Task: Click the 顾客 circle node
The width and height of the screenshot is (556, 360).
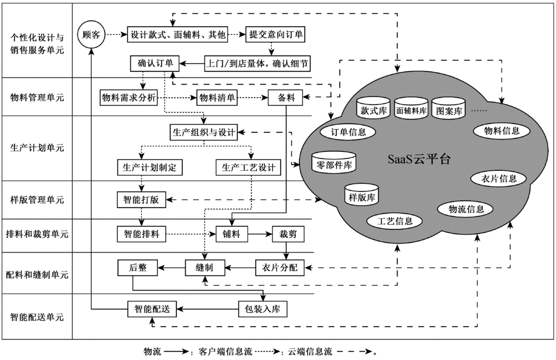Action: [x=91, y=34]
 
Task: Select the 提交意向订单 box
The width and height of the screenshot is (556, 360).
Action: [x=276, y=34]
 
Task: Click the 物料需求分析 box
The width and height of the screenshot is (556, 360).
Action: [x=128, y=97]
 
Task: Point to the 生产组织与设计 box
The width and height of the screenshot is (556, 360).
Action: [x=203, y=132]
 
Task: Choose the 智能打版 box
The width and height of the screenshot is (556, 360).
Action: [x=141, y=199]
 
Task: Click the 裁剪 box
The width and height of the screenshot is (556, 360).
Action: [x=288, y=234]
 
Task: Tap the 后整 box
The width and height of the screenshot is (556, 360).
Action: [x=138, y=268]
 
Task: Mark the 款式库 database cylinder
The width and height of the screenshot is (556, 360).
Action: [x=374, y=110]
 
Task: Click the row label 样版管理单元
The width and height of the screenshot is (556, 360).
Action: [x=37, y=199]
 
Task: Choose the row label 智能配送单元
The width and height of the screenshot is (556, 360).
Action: [x=37, y=317]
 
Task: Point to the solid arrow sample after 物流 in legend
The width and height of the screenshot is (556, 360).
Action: [x=176, y=352]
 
